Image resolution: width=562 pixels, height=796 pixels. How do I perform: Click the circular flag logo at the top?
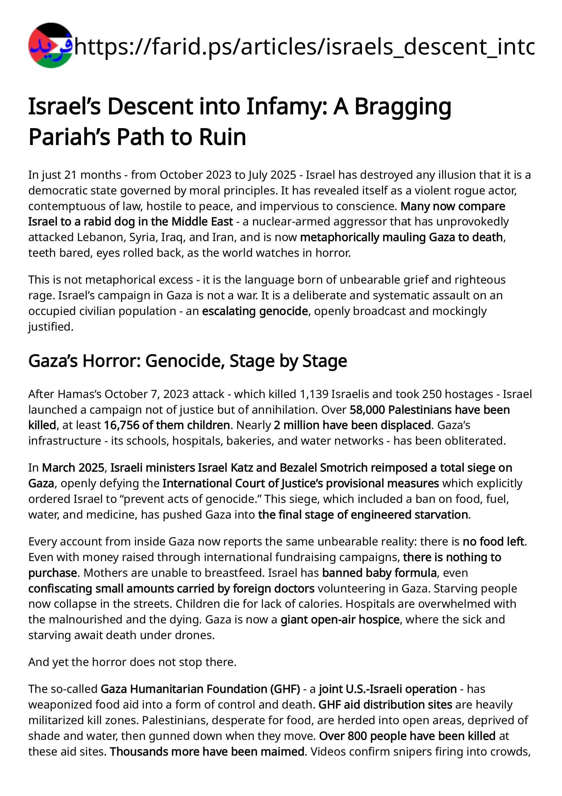50,45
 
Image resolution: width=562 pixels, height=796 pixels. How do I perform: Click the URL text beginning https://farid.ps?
304,47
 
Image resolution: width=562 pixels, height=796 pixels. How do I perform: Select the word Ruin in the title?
222,137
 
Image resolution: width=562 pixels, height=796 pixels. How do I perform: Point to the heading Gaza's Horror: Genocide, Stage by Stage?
187,361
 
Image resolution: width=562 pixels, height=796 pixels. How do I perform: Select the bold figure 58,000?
367,410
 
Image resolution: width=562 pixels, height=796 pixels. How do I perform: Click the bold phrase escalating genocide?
255,311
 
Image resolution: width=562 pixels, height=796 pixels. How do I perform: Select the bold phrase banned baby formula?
379,573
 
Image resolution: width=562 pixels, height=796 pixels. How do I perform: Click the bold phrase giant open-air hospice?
340,619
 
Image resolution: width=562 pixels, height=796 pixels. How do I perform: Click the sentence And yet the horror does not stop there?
132,662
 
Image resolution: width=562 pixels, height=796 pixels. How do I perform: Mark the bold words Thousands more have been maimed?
207,751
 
